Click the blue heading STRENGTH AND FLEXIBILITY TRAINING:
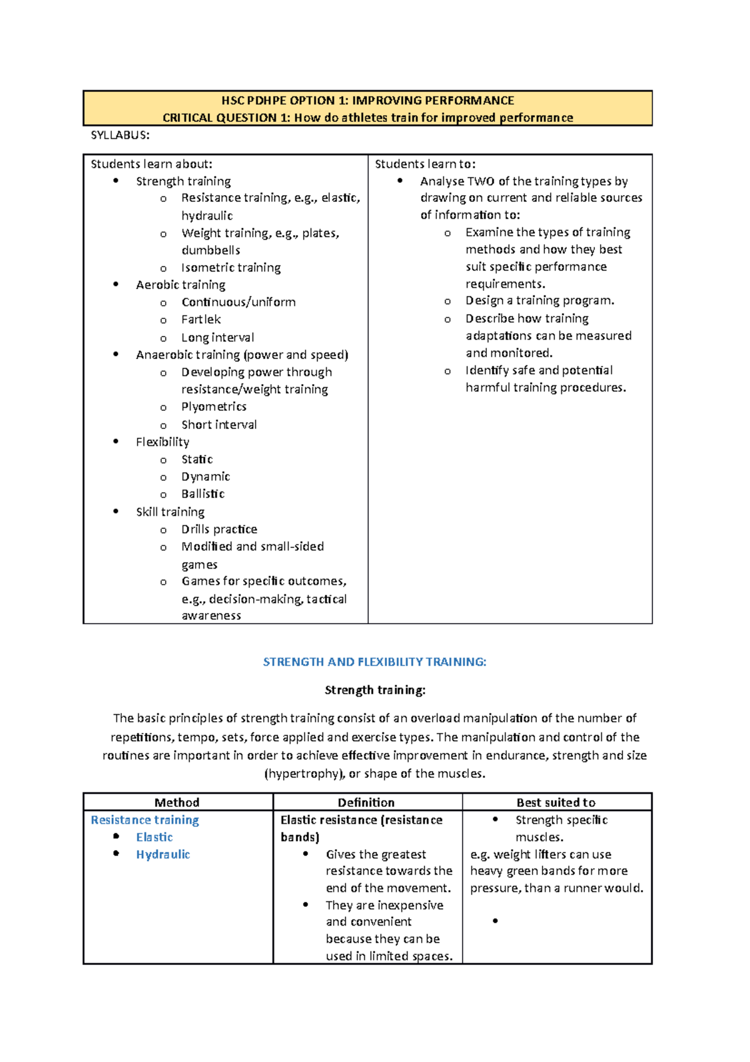pos(374,662)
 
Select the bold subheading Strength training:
pos(375,690)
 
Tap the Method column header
pos(177,802)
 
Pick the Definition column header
pos(366,802)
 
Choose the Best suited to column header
pos(556,802)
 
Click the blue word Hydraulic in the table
pos(162,854)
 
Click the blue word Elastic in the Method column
pos(154,837)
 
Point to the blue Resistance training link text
pos(145,820)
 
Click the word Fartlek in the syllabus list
pos(201,320)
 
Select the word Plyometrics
pos(214,407)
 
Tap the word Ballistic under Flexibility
pos(202,494)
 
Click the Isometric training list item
pos(231,268)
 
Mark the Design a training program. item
pos(539,301)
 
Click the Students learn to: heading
pos(425,164)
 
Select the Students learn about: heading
pos(151,164)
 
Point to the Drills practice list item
pos(219,529)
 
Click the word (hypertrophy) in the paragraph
pos(304,774)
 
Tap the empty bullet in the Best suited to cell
pos(495,921)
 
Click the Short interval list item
pos(219,425)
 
